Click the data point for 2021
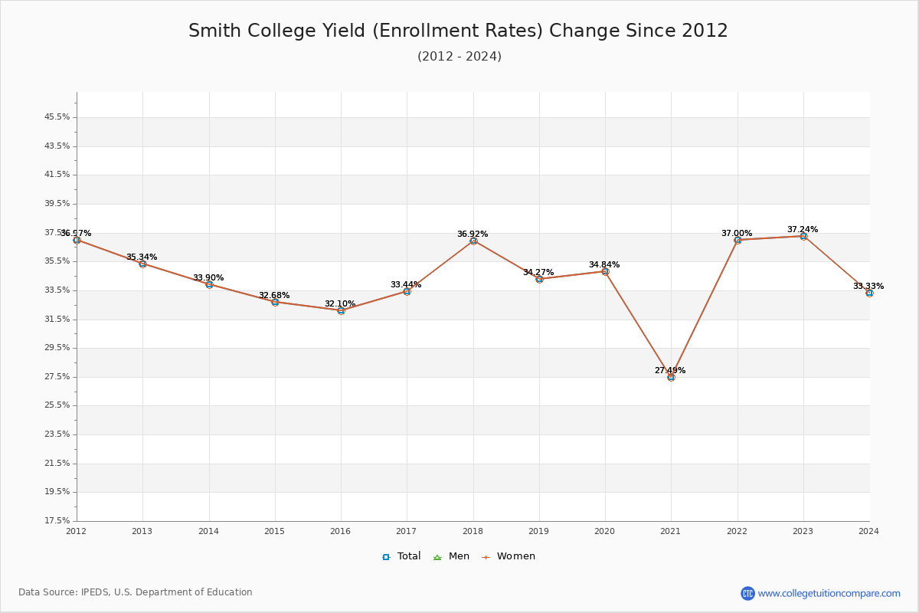click(x=671, y=377)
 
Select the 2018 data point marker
click(x=473, y=241)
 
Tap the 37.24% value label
click(x=802, y=230)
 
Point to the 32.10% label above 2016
click(x=340, y=304)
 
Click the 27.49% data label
click(x=670, y=371)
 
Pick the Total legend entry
click(x=401, y=556)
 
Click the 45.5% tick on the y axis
click(x=57, y=117)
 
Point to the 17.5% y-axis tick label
click(x=57, y=521)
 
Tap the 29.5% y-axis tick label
click(x=57, y=348)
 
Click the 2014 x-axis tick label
click(x=208, y=531)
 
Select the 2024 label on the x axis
click(x=868, y=531)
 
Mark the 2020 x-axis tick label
click(x=605, y=531)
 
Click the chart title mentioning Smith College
click(x=458, y=31)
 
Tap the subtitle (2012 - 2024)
click(x=459, y=57)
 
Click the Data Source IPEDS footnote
click(x=136, y=592)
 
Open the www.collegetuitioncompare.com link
click(x=829, y=593)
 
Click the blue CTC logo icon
click(x=747, y=593)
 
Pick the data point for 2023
click(x=803, y=236)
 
